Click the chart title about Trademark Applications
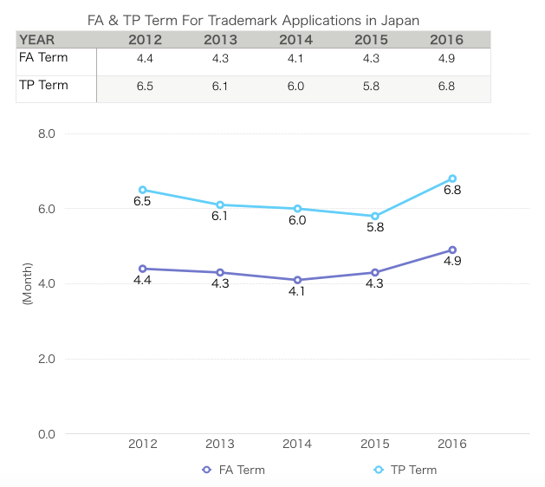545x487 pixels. (254, 18)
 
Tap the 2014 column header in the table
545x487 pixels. (296, 39)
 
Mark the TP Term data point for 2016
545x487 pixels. (452, 179)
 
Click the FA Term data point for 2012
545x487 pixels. (142, 269)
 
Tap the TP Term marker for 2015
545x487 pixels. (375, 216)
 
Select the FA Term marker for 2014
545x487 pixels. (297, 280)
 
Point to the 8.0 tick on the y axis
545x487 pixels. (46, 134)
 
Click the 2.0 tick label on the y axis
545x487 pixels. (46, 359)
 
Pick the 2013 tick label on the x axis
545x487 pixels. (220, 444)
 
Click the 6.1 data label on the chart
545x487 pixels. (220, 216)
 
